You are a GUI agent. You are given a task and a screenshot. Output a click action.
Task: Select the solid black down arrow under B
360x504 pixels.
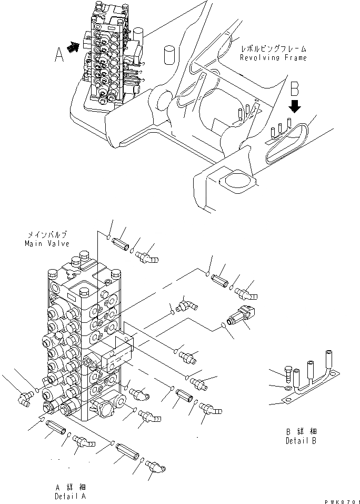pyautogui.click(x=295, y=106)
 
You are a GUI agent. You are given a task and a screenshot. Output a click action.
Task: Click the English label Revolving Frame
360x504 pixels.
pyautogui.click(x=273, y=57)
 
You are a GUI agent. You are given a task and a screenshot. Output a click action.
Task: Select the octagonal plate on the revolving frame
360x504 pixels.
pyautogui.click(x=235, y=182)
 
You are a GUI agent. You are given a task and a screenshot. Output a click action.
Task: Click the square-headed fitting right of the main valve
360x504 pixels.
pyautogui.click(x=243, y=315)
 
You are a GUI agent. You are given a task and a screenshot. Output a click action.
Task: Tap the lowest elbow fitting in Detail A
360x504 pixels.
pyautogui.click(x=156, y=468)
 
